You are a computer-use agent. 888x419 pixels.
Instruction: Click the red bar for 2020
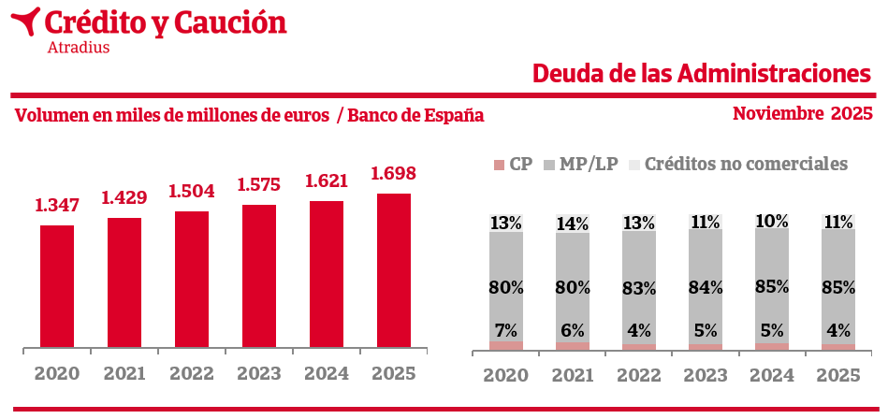click(x=57, y=287)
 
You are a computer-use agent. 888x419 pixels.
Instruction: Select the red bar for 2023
click(x=259, y=277)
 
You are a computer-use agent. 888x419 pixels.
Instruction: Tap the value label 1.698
click(x=394, y=174)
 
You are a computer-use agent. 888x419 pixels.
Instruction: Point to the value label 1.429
click(x=124, y=198)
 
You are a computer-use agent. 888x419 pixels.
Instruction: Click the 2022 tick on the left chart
click(x=192, y=374)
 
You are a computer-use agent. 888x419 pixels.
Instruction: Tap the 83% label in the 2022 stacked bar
click(x=639, y=289)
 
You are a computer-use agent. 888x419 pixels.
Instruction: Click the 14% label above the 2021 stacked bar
click(x=573, y=224)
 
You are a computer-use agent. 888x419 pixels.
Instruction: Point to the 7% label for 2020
click(x=506, y=329)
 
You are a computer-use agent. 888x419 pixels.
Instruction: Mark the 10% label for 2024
click(x=772, y=222)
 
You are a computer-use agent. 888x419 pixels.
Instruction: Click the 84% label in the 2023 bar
click(x=706, y=288)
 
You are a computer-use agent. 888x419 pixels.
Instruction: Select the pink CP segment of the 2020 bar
click(x=506, y=346)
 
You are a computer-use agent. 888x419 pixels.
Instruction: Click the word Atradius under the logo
click(x=78, y=46)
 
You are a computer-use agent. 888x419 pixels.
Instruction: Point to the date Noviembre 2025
click(x=802, y=114)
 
